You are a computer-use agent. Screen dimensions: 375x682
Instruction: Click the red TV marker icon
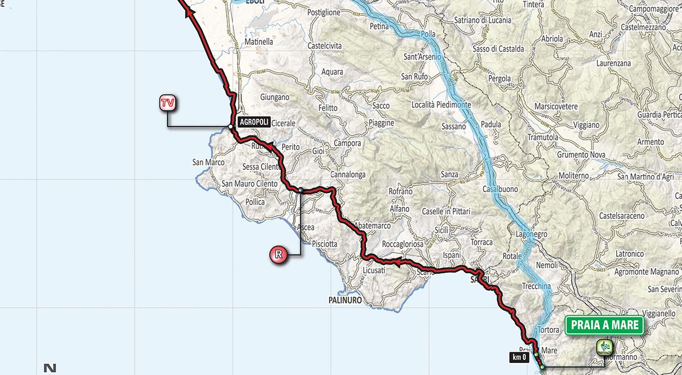pyautogui.click(x=167, y=103)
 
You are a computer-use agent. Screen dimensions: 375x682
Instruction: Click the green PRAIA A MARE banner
pyautogui.click(x=604, y=326)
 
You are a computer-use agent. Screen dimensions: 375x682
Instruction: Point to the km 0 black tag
pyautogui.click(x=519, y=357)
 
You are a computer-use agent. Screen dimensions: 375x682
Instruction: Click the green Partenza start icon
pyautogui.click(x=604, y=347)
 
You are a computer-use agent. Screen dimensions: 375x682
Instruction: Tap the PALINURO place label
pyautogui.click(x=345, y=299)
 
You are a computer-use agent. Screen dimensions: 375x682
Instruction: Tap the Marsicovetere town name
pyautogui.click(x=556, y=106)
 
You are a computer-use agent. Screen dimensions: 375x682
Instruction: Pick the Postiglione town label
pyautogui.click(x=323, y=12)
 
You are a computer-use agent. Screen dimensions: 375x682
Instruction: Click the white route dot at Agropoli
pyautogui.click(x=230, y=127)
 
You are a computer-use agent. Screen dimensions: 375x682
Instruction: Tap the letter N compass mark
pyautogui.click(x=51, y=368)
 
